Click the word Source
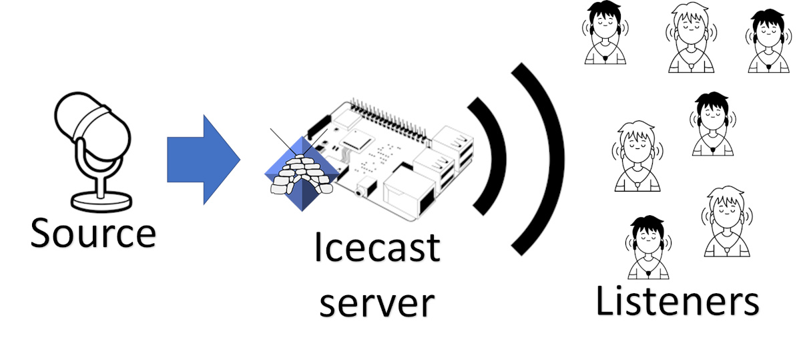coord(93,234)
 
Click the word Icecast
coord(377,249)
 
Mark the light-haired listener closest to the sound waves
coord(634,156)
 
